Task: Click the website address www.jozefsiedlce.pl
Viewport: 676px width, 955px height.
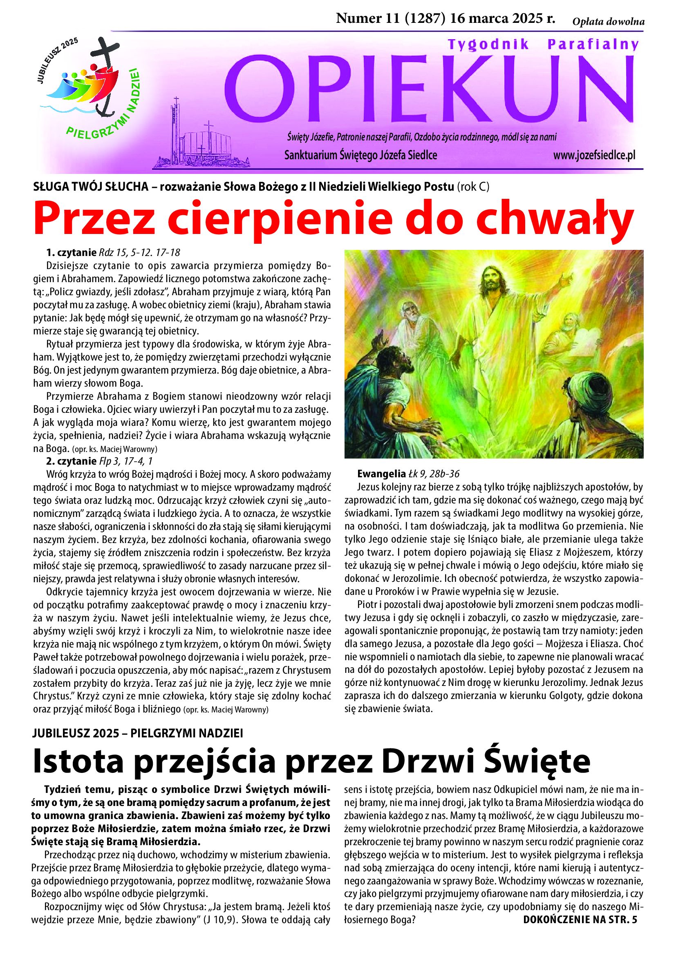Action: [x=594, y=156]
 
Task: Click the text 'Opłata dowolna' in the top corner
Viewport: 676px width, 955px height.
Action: [x=608, y=22]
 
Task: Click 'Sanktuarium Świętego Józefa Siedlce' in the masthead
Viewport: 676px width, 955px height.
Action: [x=360, y=156]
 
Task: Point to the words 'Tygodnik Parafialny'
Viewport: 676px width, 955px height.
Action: [x=543, y=45]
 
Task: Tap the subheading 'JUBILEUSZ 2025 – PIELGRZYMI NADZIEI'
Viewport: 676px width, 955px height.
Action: [x=138, y=733]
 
